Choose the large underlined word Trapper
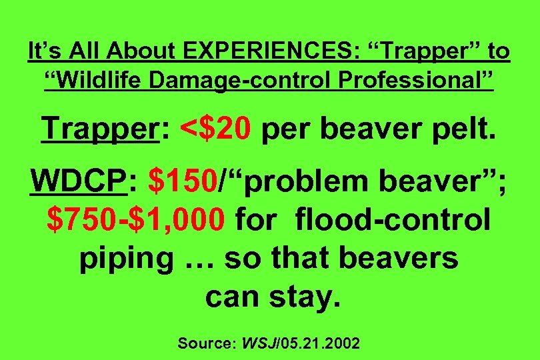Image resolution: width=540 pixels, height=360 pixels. (x=100, y=127)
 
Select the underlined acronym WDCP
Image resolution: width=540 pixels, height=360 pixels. (x=78, y=181)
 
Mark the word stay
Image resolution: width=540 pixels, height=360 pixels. (x=304, y=296)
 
